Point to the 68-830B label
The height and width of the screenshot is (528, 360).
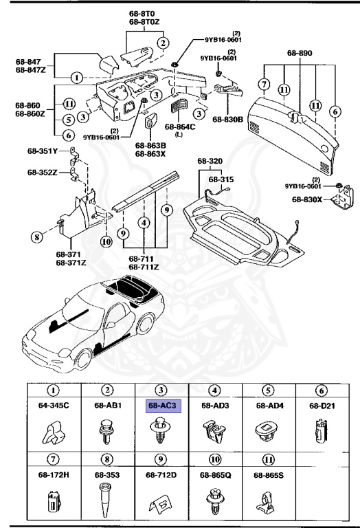pyautogui.click(x=228, y=119)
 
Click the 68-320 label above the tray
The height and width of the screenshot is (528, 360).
pyautogui.click(x=211, y=162)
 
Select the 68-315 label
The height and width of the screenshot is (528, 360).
pyautogui.click(x=221, y=179)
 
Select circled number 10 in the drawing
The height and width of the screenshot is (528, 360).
pyautogui.click(x=106, y=241)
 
